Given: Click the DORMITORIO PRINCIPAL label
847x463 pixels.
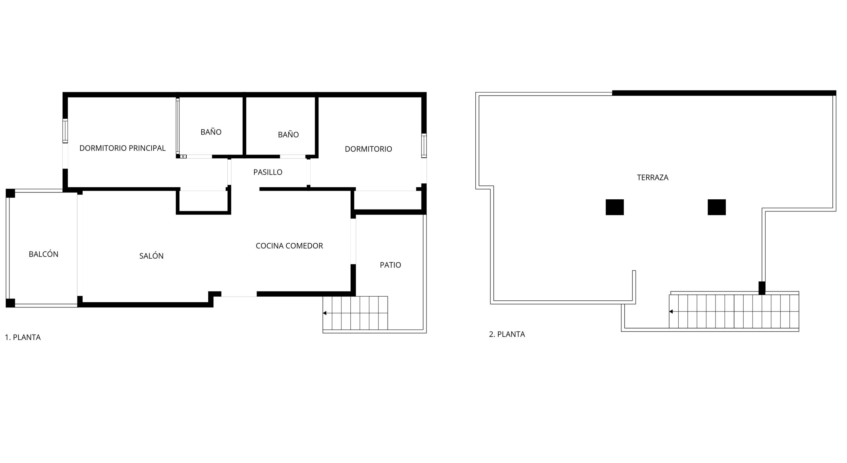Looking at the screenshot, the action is pos(122,148).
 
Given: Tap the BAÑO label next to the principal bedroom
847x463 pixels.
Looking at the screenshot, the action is pos(211,132).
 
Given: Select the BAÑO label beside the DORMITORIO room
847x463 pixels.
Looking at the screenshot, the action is pos(288,135).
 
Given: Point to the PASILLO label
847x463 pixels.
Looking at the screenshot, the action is pos(268,172).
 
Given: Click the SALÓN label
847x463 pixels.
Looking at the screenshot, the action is pos(151,256).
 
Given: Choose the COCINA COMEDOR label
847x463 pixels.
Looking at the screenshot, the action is pos(289,246).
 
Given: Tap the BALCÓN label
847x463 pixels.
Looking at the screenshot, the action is pos(43,254).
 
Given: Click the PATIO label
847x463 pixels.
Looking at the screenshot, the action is pos(390,265).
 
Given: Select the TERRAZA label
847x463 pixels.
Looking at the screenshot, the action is pos(653,178).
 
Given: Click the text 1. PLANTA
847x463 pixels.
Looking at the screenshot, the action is pos(23,337).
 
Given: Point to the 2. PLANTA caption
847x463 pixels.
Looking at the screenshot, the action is pos(507,334).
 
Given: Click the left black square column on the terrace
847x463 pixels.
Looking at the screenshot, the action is pos(615,207).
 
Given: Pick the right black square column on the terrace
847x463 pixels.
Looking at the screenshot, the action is pos(717,207).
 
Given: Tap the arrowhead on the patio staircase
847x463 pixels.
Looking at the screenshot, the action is pos(325,313).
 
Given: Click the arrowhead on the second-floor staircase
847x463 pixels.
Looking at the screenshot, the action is pos(671,311).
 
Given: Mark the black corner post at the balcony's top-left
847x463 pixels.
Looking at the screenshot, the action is pos(10,193).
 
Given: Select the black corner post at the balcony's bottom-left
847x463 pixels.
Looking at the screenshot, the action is pos(10,303).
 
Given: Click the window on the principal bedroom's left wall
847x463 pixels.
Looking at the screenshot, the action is pos(65,131).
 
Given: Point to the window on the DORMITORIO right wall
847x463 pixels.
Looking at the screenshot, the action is pos(424,146).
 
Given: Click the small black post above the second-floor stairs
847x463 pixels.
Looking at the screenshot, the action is pos(762,288).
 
